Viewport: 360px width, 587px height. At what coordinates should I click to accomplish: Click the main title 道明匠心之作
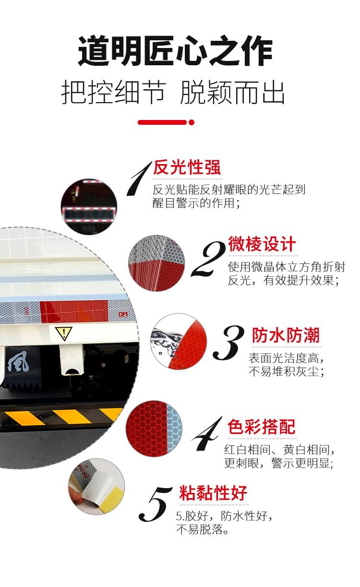tap(175, 50)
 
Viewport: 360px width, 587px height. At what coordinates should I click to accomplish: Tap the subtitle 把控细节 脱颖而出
tap(173, 92)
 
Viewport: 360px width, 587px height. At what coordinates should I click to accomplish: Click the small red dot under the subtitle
tap(192, 122)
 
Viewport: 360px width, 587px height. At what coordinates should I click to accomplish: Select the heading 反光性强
tap(187, 167)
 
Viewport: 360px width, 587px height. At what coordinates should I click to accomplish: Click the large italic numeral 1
tap(138, 179)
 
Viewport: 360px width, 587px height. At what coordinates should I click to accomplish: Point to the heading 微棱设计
tap(262, 244)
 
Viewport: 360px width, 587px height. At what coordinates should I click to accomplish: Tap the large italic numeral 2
tap(208, 259)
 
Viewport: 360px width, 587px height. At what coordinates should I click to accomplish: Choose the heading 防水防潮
tap(286, 335)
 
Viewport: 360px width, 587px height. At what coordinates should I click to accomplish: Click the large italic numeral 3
tap(228, 343)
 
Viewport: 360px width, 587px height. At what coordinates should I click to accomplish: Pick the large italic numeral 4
tap(207, 434)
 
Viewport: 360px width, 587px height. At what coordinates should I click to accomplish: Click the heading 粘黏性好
tap(213, 493)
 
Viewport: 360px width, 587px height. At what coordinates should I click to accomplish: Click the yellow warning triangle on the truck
tap(63, 333)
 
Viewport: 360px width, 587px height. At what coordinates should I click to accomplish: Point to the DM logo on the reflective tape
tap(123, 314)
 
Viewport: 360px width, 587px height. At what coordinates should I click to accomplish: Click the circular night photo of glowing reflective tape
tap(89, 207)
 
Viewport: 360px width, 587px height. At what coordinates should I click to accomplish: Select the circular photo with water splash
tap(179, 342)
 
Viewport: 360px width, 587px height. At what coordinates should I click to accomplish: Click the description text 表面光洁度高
tap(286, 358)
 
